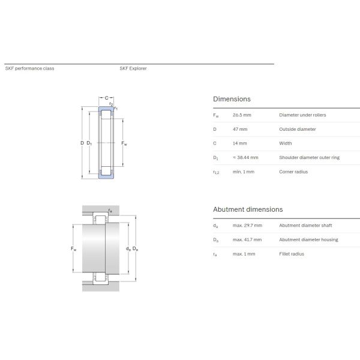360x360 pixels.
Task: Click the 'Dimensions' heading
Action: pyautogui.click(x=232, y=99)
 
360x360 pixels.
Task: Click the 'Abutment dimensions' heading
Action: pyautogui.click(x=248, y=209)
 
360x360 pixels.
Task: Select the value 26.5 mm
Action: pyautogui.click(x=242, y=115)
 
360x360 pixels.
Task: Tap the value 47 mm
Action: pyautogui.click(x=240, y=129)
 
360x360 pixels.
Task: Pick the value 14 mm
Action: pyautogui.click(x=240, y=143)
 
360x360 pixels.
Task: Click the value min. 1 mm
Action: pyautogui.click(x=244, y=172)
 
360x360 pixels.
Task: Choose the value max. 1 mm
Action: pyautogui.click(x=244, y=254)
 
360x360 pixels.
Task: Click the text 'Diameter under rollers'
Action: pyautogui.click(x=302, y=115)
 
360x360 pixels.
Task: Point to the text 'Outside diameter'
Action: pyautogui.click(x=298, y=129)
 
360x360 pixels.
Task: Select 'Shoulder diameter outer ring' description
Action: pyautogui.click(x=309, y=158)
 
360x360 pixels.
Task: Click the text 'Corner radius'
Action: pyautogui.click(x=294, y=172)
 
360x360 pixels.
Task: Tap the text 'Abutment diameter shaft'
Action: pyautogui.click(x=305, y=226)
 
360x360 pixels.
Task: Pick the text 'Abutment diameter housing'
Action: pyautogui.click(x=308, y=240)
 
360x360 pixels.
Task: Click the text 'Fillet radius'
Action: pyautogui.click(x=292, y=254)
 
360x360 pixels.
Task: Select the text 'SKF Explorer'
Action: pyautogui.click(x=133, y=68)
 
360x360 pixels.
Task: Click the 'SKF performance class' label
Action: pyautogui.click(x=29, y=68)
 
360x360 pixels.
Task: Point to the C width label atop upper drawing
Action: pyautogui.click(x=106, y=98)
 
